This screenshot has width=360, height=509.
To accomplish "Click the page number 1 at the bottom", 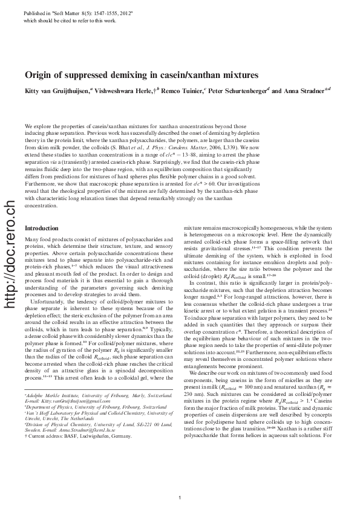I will point(180,498).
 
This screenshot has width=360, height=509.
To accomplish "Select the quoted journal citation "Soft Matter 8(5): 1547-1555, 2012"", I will point(91,13).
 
